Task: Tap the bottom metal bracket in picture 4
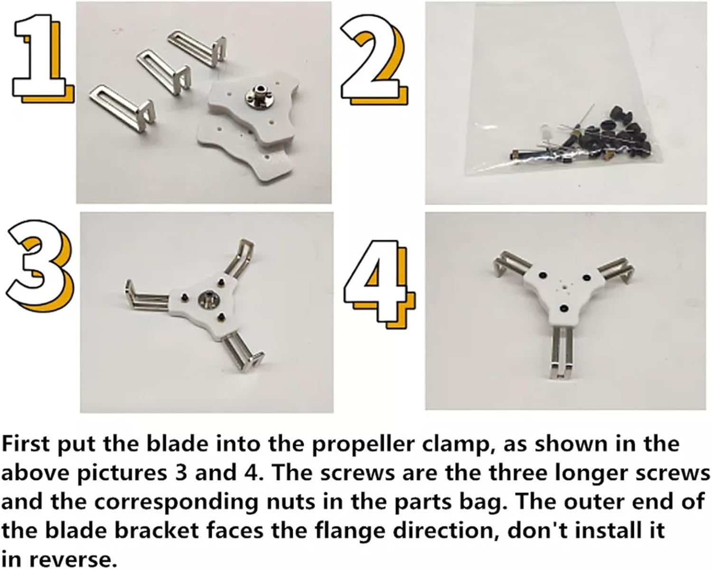click(562, 354)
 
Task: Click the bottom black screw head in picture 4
click(563, 309)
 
